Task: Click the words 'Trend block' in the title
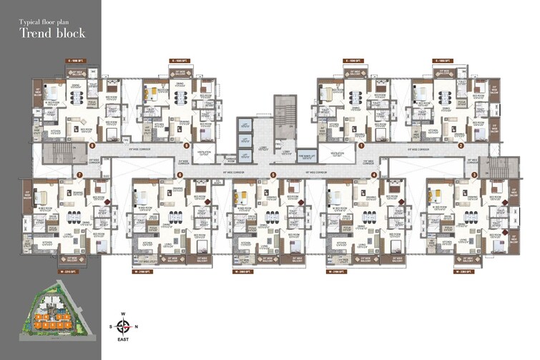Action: [52, 33]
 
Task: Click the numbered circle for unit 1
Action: [362, 145]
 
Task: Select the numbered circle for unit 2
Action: [460, 145]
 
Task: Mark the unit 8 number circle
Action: [92, 145]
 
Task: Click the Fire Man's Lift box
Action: [307, 155]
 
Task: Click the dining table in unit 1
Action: [354, 96]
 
